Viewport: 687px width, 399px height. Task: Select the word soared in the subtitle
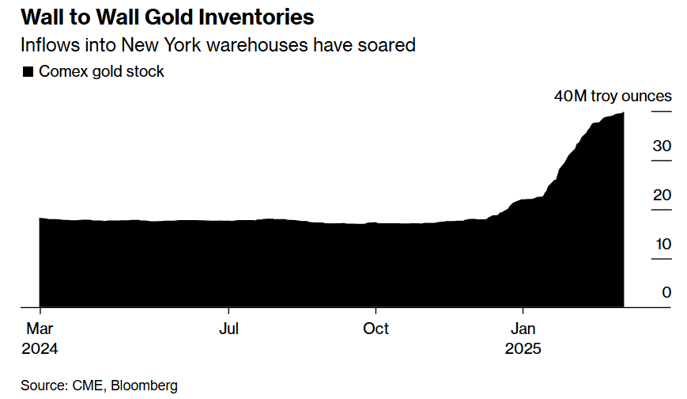click(387, 44)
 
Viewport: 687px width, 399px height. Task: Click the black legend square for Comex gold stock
click(28, 72)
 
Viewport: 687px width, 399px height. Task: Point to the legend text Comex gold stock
click(101, 71)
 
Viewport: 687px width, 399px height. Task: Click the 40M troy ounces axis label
click(613, 97)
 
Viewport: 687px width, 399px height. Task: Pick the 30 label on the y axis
click(662, 146)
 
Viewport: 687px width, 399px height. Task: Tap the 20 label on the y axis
click(662, 195)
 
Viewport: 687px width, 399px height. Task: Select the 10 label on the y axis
click(662, 244)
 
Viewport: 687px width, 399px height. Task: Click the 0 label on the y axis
click(666, 292)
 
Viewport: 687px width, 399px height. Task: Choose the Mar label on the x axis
click(40, 328)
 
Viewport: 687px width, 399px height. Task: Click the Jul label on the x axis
click(228, 328)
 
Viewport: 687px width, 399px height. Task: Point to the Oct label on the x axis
click(376, 328)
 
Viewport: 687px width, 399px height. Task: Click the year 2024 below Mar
click(41, 349)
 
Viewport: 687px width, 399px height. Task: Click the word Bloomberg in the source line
click(144, 386)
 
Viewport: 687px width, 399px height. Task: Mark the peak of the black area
click(623, 113)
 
